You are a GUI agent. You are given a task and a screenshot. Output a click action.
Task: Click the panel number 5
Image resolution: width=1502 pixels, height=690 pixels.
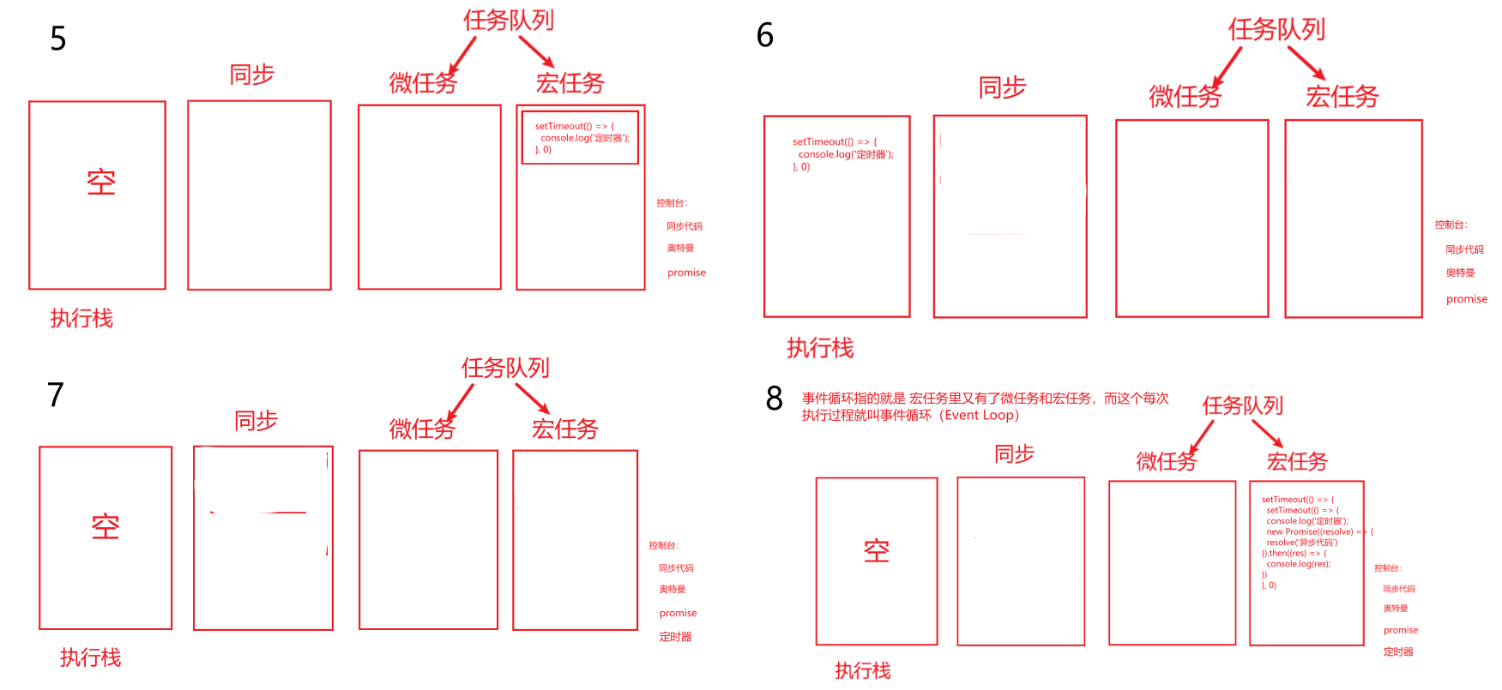pos(57,39)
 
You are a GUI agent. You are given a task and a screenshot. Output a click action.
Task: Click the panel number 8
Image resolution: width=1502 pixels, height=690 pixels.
pos(774,399)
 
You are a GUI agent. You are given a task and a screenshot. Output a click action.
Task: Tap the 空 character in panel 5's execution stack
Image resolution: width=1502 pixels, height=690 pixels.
pos(101,183)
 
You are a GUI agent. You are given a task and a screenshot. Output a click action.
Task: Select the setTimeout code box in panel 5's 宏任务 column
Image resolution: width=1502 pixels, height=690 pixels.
pos(581,137)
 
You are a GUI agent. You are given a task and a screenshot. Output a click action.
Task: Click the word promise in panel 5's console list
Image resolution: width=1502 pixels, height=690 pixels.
pos(686,273)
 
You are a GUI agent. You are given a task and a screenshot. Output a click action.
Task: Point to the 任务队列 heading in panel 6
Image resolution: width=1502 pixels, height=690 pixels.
pos(1276,30)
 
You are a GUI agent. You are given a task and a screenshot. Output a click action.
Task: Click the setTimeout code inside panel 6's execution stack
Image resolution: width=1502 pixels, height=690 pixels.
pos(841,154)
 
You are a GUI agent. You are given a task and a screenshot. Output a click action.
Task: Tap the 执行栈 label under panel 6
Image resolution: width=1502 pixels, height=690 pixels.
pos(820,348)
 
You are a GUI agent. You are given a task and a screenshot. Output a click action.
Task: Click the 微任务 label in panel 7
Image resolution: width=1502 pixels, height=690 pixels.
pos(421,429)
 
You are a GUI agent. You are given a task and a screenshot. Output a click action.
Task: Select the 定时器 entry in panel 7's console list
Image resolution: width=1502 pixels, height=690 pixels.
pos(675,637)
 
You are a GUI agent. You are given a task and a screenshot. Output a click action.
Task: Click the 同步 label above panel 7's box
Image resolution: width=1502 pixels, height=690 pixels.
pos(256,421)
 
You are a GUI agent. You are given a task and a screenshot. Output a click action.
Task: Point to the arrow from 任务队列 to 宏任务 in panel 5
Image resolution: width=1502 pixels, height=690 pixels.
pos(537,51)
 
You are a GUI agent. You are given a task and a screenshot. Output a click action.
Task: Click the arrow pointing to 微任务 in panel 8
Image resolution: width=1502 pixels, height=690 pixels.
pos(1201,435)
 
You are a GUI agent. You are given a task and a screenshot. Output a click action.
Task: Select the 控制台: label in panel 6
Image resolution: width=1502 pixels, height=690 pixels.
pos(1451,225)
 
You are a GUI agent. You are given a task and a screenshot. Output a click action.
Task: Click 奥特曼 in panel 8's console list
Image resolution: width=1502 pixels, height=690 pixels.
pos(1395,609)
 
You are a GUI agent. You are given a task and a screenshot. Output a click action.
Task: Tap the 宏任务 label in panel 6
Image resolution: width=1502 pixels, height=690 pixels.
pos(1342,97)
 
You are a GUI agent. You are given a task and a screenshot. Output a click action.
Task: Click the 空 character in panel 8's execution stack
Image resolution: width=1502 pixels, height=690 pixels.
pos(876,551)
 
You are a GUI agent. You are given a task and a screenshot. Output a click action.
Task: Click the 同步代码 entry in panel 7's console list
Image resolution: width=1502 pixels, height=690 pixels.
pos(676,568)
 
